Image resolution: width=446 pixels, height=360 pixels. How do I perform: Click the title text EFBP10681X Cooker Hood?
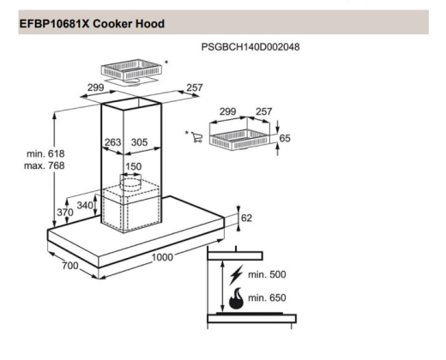92,24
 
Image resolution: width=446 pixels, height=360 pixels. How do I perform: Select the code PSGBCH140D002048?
250,47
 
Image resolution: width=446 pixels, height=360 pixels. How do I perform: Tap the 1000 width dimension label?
162,257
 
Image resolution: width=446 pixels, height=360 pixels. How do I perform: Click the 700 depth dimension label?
70,266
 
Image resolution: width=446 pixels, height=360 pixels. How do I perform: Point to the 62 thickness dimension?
246,218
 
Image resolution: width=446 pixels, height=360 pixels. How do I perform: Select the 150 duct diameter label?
133,166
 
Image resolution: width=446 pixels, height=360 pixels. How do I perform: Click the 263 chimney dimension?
113,142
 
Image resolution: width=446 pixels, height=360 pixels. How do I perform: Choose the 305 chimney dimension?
139,142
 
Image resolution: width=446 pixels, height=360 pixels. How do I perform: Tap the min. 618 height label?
45,153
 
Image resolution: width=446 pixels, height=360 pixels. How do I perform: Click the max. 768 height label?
45,165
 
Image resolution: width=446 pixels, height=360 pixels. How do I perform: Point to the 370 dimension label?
65,213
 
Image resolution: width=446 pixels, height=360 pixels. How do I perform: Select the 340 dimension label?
85,205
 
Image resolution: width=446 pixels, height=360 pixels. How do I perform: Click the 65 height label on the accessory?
285,138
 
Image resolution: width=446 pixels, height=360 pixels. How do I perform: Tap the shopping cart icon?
197,137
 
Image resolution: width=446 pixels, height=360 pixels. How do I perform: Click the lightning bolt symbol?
236,275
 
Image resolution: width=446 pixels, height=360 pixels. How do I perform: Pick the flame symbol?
236,298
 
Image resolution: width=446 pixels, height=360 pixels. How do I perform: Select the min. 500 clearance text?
267,274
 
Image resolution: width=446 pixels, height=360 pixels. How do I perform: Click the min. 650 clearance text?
267,298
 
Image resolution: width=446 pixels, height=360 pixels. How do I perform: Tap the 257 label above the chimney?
195,87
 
